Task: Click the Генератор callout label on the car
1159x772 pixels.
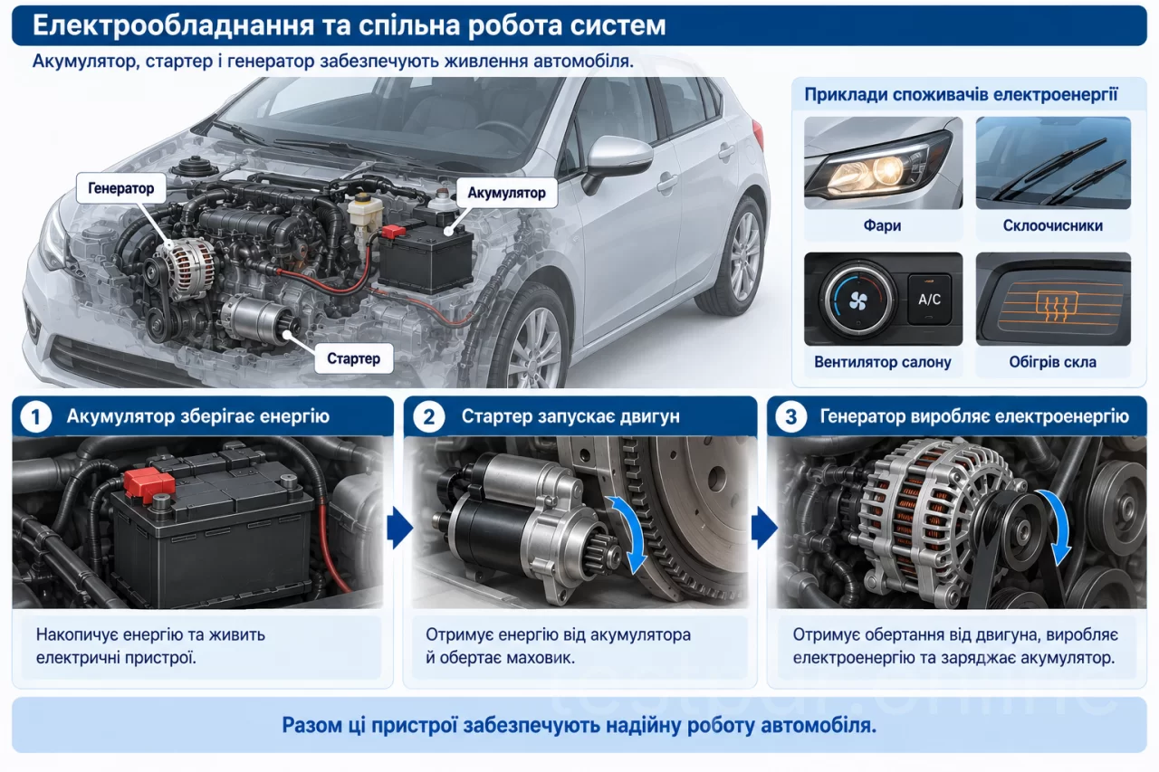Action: point(121,188)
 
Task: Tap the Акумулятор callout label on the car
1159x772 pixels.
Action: point(506,193)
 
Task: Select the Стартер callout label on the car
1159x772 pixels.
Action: point(353,358)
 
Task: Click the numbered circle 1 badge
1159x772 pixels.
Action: point(35,416)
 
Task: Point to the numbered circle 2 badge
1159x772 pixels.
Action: point(429,416)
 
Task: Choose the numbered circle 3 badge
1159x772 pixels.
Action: point(791,416)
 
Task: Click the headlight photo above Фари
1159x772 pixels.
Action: point(883,163)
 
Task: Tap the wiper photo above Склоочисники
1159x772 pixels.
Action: point(1053,163)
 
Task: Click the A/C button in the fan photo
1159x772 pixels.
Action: point(929,300)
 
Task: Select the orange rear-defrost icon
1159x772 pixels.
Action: point(1057,306)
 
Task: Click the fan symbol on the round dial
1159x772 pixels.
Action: point(857,300)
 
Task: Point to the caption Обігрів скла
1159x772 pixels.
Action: point(1052,362)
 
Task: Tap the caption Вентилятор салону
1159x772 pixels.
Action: point(883,362)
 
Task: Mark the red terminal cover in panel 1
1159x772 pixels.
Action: point(148,483)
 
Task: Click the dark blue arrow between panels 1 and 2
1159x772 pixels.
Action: point(400,528)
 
